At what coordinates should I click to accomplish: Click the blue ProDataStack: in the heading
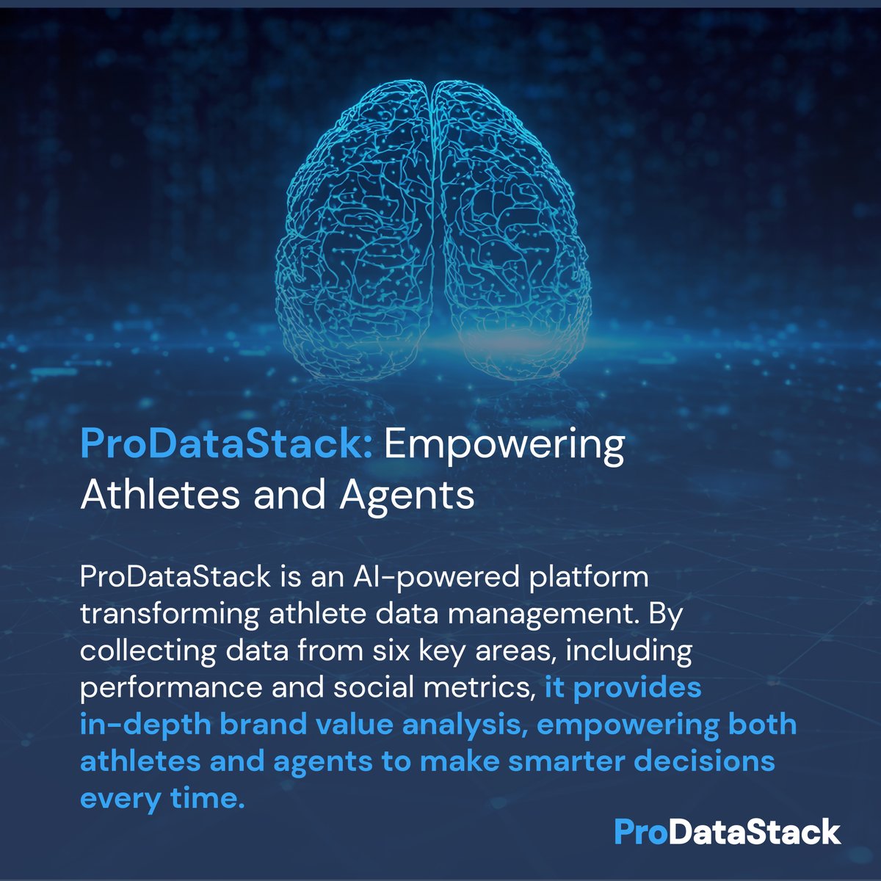[x=226, y=445]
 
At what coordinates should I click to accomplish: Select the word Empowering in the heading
[x=504, y=445]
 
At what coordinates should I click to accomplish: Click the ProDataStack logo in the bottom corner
[x=727, y=833]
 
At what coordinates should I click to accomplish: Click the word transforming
[x=169, y=614]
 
